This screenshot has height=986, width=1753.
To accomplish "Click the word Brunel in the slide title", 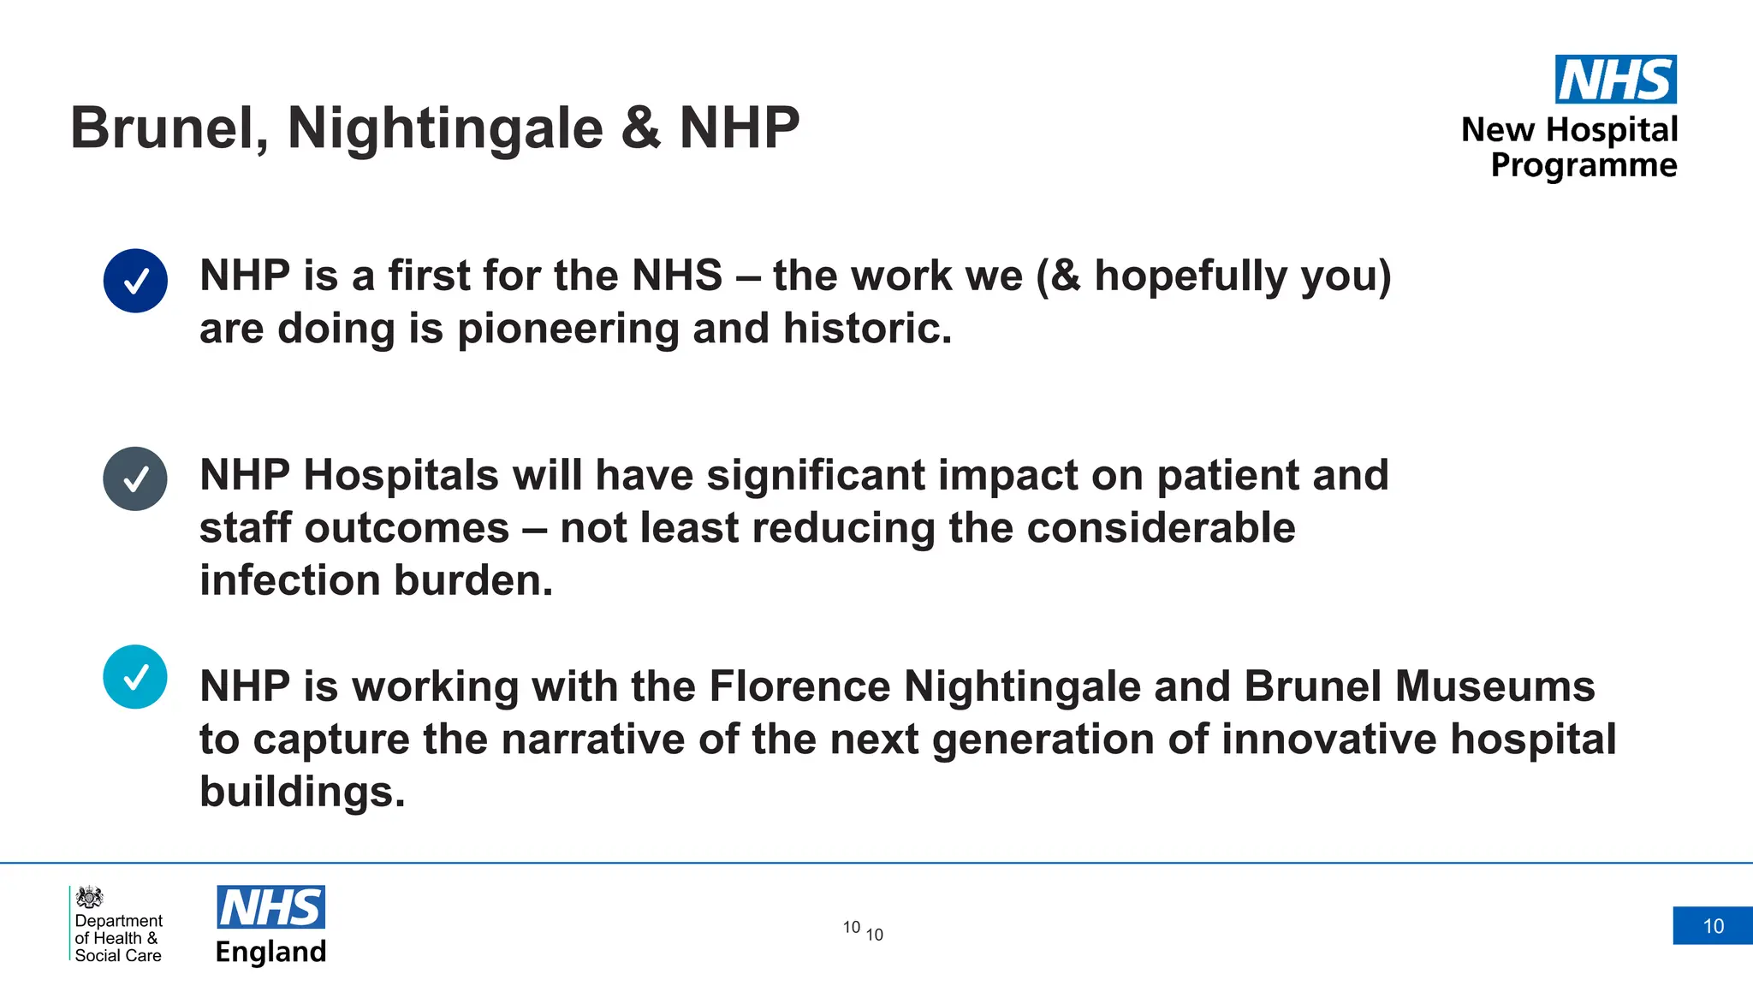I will click(168, 128).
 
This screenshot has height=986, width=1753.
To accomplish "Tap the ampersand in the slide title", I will click(640, 128).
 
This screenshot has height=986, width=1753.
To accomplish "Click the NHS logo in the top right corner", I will click(1615, 80).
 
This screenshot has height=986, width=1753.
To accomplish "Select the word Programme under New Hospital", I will click(1584, 165).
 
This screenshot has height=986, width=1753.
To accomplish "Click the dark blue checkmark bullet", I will click(135, 281).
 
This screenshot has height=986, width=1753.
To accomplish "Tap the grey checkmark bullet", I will click(135, 479).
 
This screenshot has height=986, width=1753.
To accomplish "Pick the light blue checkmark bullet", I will click(135, 677).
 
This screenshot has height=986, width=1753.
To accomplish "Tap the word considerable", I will click(1161, 527).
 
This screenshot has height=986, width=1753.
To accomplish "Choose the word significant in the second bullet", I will click(816, 475).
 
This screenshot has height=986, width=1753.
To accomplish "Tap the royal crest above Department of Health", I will click(89, 897).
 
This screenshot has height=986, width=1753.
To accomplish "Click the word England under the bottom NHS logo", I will click(270, 952).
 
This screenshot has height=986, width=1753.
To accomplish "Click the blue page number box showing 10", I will click(1713, 926).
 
